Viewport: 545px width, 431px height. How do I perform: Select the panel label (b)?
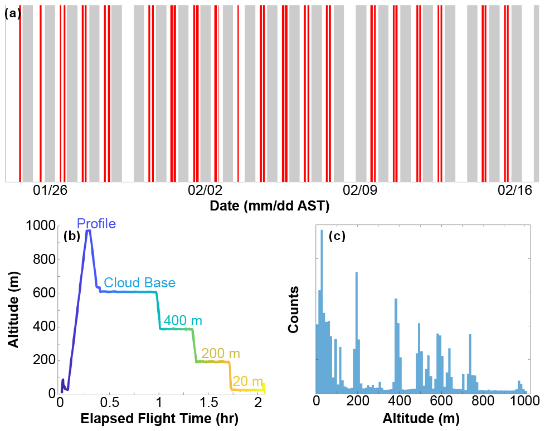click(73, 236)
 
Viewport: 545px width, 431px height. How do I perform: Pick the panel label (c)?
click(337, 236)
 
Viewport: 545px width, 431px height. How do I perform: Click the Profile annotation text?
click(96, 224)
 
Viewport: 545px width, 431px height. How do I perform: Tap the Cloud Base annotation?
click(140, 283)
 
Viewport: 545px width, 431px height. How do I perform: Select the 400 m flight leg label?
click(183, 321)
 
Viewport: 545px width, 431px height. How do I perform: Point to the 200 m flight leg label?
click(221, 354)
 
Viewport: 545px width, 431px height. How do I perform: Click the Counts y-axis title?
click(294, 310)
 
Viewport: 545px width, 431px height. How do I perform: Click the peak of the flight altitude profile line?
click(88, 231)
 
